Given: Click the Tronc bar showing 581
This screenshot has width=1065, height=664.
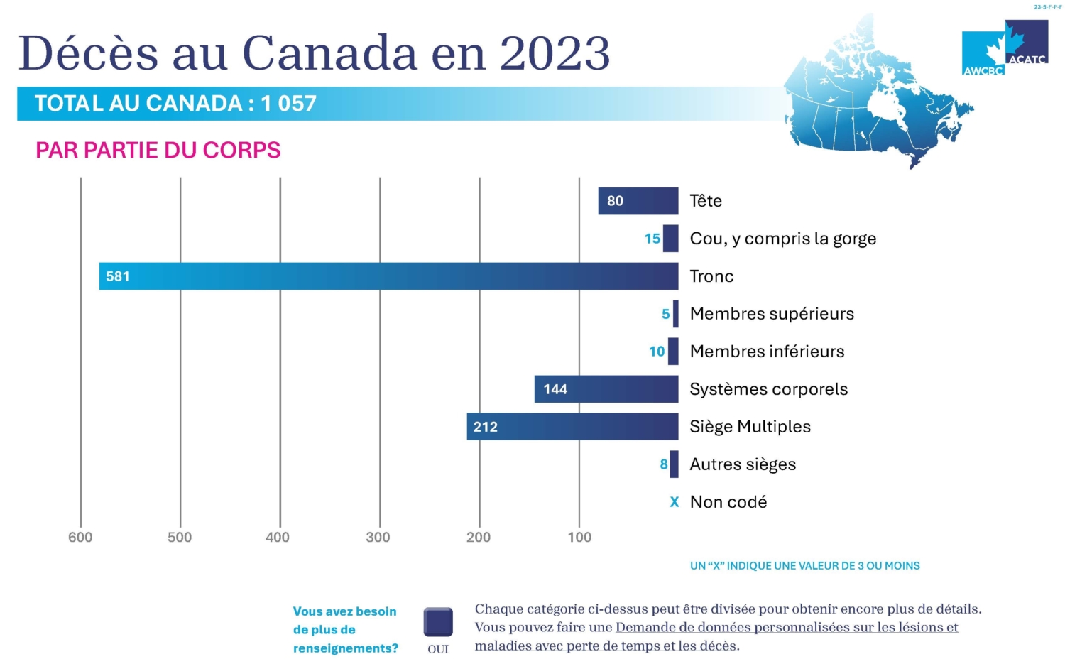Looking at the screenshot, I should (x=388, y=276).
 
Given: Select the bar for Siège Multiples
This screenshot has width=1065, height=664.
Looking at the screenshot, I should (x=572, y=427).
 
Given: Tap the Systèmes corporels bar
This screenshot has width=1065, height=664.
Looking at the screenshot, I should (x=606, y=389).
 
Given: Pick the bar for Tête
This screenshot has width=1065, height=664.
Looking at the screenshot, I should (x=638, y=201).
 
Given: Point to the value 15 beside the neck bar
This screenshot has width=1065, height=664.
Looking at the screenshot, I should (x=652, y=239).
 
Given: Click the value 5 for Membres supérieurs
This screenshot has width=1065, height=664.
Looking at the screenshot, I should (x=665, y=314).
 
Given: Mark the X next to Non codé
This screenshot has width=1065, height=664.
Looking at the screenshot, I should (x=674, y=502).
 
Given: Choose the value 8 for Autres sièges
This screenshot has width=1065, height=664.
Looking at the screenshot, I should (x=664, y=464).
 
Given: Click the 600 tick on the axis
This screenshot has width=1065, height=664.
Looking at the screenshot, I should (x=80, y=537).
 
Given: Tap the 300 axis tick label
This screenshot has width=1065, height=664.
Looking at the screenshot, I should (x=378, y=537).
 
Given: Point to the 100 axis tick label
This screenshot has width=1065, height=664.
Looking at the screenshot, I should (x=579, y=537).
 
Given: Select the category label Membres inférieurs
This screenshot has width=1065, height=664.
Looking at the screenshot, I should (x=767, y=352).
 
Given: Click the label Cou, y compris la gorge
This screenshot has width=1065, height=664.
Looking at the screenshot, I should (x=782, y=239).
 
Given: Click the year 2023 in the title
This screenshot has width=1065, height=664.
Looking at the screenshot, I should (x=555, y=53).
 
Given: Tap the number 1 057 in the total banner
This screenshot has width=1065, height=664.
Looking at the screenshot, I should (x=288, y=104).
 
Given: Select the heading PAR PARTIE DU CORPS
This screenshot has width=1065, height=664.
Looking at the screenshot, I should (x=158, y=151).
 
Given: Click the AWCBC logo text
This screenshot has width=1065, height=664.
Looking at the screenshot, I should (x=983, y=70).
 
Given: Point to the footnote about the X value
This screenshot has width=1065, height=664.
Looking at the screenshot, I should (x=804, y=566).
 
